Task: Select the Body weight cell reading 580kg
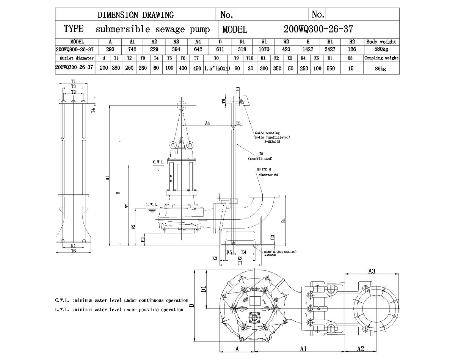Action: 381,49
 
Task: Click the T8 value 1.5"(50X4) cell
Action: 217,69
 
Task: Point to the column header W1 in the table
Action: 264,42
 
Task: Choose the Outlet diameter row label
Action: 74,58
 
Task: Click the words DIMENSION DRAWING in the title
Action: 136,15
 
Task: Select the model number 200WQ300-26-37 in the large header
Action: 318,29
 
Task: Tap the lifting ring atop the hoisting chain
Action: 182,105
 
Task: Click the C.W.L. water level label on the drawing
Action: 158,162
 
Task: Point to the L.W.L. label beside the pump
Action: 151,205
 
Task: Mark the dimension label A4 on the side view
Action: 208,123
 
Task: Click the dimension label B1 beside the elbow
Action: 284,220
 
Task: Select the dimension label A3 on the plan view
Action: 372,271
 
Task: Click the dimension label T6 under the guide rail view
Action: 73,251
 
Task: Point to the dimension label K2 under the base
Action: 240,258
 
